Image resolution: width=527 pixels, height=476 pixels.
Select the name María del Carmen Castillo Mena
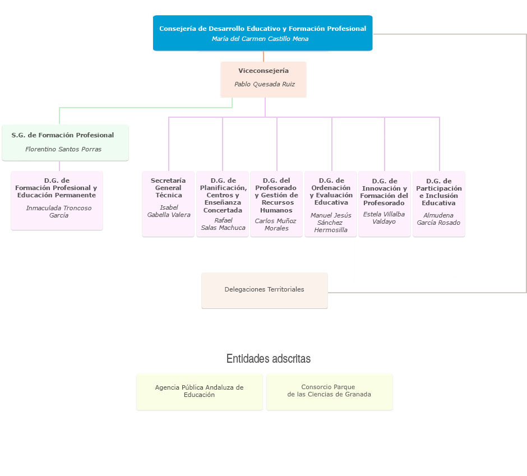260,39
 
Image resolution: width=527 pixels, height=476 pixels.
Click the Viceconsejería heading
263,71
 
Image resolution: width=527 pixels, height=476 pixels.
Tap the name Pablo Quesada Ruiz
265,84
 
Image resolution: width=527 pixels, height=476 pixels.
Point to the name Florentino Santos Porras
63,149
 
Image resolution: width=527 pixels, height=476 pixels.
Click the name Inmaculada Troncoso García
58,211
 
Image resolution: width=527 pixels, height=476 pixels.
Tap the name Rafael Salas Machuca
223,224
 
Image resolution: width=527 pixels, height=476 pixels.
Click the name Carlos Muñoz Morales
276,224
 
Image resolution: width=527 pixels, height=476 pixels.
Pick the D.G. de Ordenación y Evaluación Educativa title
331,191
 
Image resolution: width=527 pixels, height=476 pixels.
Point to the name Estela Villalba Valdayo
384,218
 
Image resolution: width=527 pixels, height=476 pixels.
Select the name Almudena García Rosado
438,219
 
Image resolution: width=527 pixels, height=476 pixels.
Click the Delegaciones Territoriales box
264,290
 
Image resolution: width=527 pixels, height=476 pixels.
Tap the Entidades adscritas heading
268,358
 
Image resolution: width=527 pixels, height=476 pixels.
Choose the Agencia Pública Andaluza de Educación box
199,391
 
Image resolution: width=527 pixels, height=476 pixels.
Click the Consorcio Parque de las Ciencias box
329,391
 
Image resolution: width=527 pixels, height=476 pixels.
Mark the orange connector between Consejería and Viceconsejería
263,56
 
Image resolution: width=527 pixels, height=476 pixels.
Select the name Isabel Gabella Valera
169,211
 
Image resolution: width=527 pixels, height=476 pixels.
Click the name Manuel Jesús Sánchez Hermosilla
331,223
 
